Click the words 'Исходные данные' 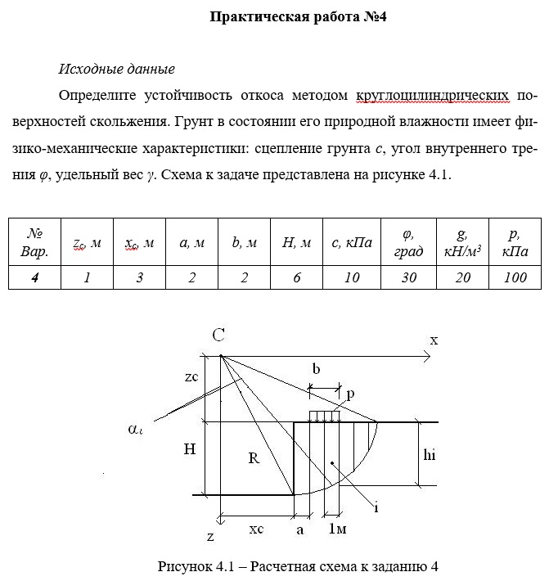point(117,70)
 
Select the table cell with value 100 point(515,277)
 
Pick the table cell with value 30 point(408,277)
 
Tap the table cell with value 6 point(296,277)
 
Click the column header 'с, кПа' point(352,243)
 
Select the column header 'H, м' point(296,243)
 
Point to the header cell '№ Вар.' point(34,243)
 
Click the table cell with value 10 point(352,277)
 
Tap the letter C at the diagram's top point(218,335)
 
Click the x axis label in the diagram point(434,340)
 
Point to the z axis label point(210,538)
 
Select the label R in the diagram point(254,459)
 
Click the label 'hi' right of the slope point(430,457)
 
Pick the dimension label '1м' point(336,530)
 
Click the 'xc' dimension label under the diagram point(256,529)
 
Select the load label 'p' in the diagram point(350,394)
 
